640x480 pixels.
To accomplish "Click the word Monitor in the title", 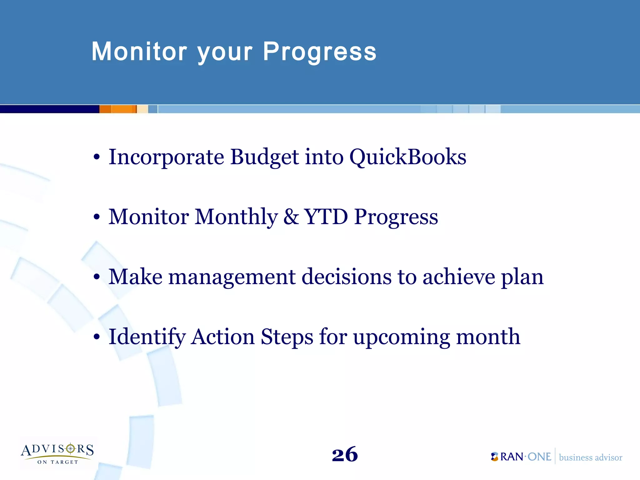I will click(139, 52).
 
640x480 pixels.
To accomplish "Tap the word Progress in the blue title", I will click(319, 52).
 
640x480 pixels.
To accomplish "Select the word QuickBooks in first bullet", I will click(407, 157).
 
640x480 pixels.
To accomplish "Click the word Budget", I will click(264, 157).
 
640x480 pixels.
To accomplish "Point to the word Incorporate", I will click(166, 157).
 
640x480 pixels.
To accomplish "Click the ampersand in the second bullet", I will click(291, 217).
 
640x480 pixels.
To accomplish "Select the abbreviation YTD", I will click(326, 217).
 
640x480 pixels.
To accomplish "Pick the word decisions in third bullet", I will click(346, 277).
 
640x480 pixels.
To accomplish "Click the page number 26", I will click(345, 454).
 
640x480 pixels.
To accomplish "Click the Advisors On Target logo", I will click(57, 453).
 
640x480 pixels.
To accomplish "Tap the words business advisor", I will click(590, 457).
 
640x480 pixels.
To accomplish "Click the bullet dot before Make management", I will click(97, 277).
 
